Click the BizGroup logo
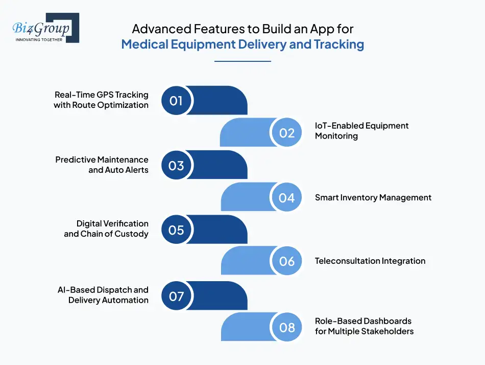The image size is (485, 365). (45, 28)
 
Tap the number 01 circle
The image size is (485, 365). (176, 101)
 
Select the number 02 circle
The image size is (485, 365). (287, 133)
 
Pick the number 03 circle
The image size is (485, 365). (176, 166)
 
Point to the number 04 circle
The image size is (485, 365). (287, 198)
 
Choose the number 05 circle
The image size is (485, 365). (176, 230)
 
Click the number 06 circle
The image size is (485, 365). (287, 261)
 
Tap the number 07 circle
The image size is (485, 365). (176, 296)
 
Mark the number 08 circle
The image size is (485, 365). (287, 327)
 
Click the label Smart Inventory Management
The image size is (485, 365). (373, 198)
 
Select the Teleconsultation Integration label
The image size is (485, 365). (370, 261)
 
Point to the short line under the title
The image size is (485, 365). (243, 61)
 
